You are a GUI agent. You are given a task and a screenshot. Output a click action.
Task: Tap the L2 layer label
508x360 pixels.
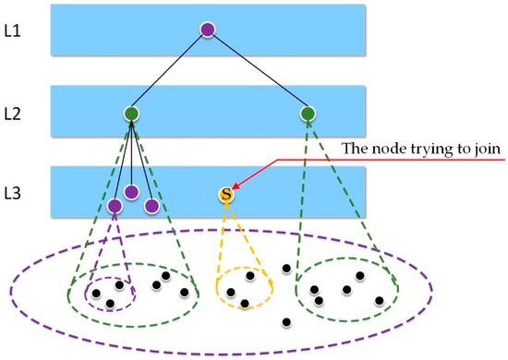click(x=17, y=114)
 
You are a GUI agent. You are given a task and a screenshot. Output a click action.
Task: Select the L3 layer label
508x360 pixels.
click(x=17, y=193)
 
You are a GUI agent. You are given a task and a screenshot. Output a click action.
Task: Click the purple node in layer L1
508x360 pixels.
click(x=208, y=30)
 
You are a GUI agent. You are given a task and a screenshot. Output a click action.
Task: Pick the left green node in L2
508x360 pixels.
click(x=131, y=114)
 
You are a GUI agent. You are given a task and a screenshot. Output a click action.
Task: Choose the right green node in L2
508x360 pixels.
click(x=308, y=114)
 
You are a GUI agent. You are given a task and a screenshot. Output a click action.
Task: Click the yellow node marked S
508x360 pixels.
click(x=225, y=195)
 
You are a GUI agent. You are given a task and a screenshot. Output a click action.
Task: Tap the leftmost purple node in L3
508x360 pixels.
click(x=115, y=206)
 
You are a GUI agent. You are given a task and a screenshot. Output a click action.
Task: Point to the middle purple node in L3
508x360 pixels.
click(x=131, y=192)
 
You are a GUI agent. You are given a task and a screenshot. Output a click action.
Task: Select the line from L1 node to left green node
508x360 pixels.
click(x=170, y=72)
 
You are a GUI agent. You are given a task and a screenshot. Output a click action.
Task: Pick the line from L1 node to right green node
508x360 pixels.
click(x=258, y=72)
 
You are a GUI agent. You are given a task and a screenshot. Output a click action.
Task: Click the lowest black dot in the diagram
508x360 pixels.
click(x=286, y=322)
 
